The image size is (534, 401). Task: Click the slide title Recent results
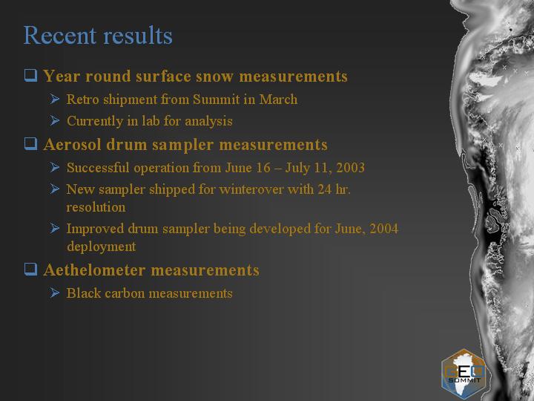point(98,35)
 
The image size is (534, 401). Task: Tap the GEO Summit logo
point(463,374)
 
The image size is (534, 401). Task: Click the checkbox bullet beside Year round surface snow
point(30,75)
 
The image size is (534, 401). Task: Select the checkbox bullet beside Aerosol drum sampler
point(30,143)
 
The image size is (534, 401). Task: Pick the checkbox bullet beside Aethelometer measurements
point(30,269)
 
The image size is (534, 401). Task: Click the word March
point(278,100)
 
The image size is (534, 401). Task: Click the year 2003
point(350,167)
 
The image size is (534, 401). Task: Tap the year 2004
point(384,229)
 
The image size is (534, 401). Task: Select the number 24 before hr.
point(325,189)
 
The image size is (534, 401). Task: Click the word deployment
point(102,247)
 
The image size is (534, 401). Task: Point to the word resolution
point(96,207)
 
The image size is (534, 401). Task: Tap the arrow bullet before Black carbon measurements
point(54,293)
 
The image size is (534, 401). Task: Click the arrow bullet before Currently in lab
point(54,120)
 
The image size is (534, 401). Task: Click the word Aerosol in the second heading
point(72,145)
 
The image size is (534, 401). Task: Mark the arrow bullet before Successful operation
point(54,167)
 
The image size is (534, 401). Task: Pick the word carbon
point(125,293)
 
